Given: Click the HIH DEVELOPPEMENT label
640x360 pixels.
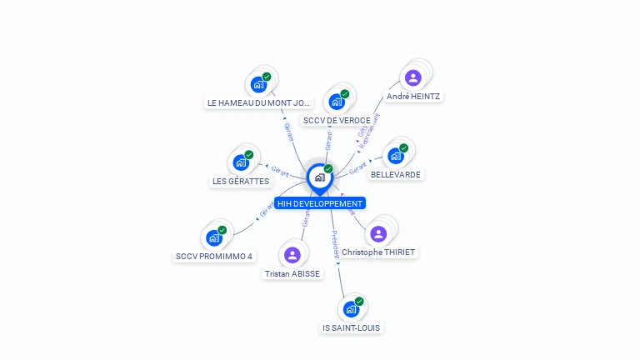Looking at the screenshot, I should tap(320, 203).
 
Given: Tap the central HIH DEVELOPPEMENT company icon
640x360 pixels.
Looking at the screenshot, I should tap(319, 177).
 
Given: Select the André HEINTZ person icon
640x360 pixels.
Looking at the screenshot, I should tap(412, 78).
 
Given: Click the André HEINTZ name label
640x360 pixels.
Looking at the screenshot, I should tap(413, 97).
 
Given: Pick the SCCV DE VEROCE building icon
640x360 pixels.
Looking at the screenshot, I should tap(337, 102).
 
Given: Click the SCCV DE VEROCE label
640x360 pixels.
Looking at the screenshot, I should tap(337, 121).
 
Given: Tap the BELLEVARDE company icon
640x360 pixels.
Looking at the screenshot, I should tap(396, 156).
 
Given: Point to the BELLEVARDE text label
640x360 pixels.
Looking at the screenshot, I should tap(396, 175).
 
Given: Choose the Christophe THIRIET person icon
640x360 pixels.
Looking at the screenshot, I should tap(378, 234).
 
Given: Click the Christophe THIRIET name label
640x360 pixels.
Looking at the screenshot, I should tap(378, 252).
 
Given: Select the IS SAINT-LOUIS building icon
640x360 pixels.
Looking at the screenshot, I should tap(351, 309).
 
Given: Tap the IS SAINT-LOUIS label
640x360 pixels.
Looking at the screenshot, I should tap(351, 328).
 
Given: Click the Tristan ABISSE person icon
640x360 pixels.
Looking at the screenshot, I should tap(292, 255).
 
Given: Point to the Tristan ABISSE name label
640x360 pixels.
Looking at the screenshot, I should tap(292, 273).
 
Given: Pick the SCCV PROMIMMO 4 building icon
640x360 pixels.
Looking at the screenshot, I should tap(214, 237).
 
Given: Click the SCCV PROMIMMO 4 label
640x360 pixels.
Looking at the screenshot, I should tap(214, 257).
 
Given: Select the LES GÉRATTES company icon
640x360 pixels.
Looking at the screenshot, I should tap(241, 162).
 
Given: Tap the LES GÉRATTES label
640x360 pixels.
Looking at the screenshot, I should tap(241, 181).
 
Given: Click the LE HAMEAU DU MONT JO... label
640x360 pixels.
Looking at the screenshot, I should tap(258, 103).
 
